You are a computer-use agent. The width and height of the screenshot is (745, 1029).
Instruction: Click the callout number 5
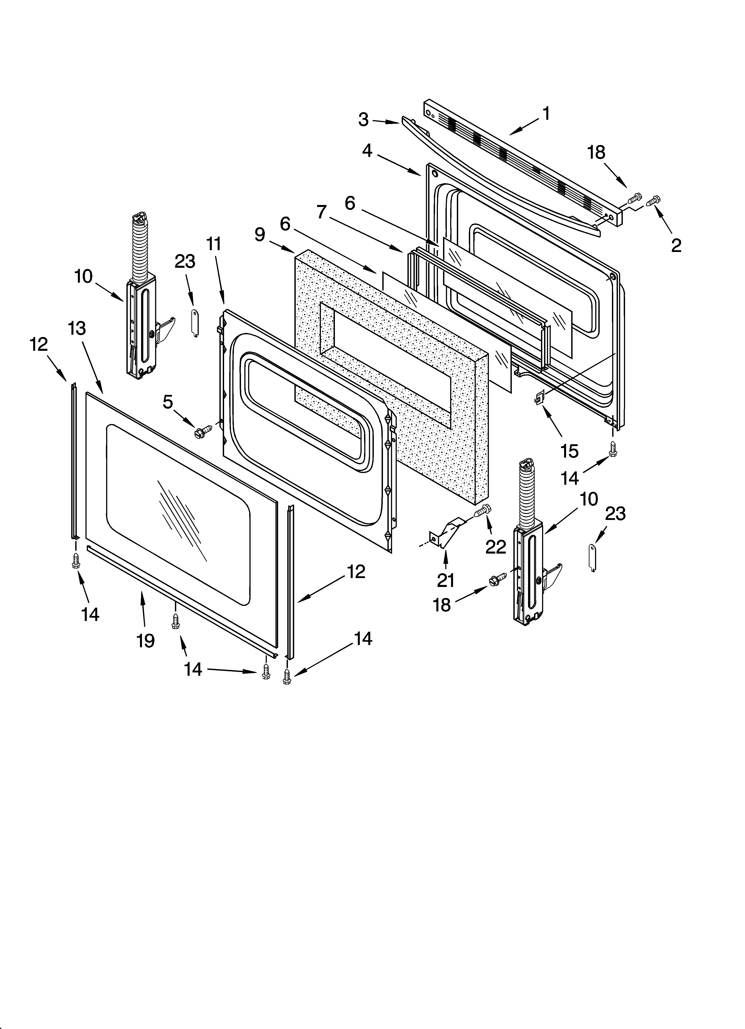tap(168, 402)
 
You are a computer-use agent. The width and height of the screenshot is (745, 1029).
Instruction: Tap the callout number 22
tap(496, 547)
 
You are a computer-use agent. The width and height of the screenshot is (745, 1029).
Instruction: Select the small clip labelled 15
tap(539, 398)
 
